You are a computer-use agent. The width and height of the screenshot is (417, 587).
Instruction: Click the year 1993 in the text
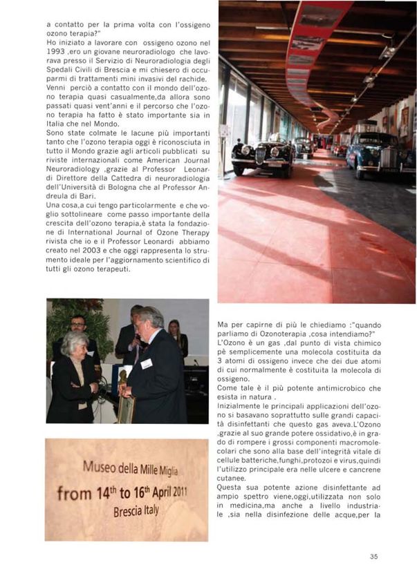point(54,52)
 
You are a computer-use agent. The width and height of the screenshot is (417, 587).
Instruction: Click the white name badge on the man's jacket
point(147,363)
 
